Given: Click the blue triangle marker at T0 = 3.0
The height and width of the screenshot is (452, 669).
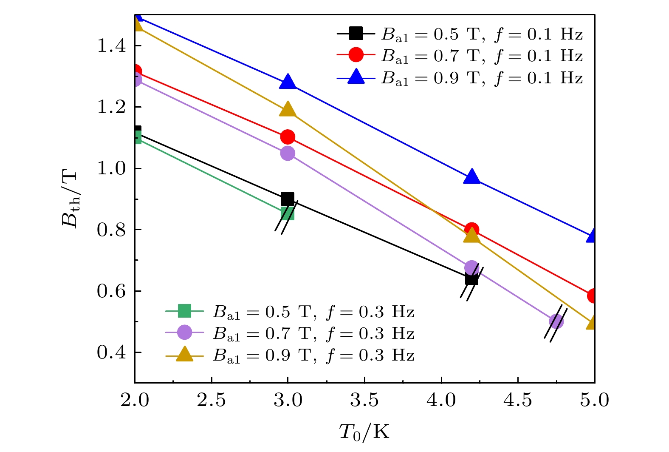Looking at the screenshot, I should [x=288, y=82].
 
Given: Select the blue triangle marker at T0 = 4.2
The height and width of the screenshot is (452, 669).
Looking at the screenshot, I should [x=471, y=177].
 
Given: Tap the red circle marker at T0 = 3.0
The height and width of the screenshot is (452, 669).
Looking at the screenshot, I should [x=288, y=137].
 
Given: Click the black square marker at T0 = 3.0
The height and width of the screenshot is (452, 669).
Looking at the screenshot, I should [x=288, y=199].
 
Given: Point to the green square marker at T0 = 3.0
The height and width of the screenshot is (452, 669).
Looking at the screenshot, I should [x=288, y=213].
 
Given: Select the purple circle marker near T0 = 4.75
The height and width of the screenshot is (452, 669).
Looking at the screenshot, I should [x=556, y=321].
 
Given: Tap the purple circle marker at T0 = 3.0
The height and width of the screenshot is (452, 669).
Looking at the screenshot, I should [x=288, y=153].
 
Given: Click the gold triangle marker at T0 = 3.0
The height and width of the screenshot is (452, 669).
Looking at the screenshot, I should [x=288, y=110].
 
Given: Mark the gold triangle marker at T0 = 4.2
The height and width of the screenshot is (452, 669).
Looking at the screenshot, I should [x=471, y=235].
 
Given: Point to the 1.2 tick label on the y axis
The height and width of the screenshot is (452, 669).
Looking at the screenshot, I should [x=112, y=107].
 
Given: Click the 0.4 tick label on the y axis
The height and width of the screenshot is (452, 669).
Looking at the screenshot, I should [x=112, y=353].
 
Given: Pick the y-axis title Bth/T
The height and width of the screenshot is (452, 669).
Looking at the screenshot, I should [x=71, y=199].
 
